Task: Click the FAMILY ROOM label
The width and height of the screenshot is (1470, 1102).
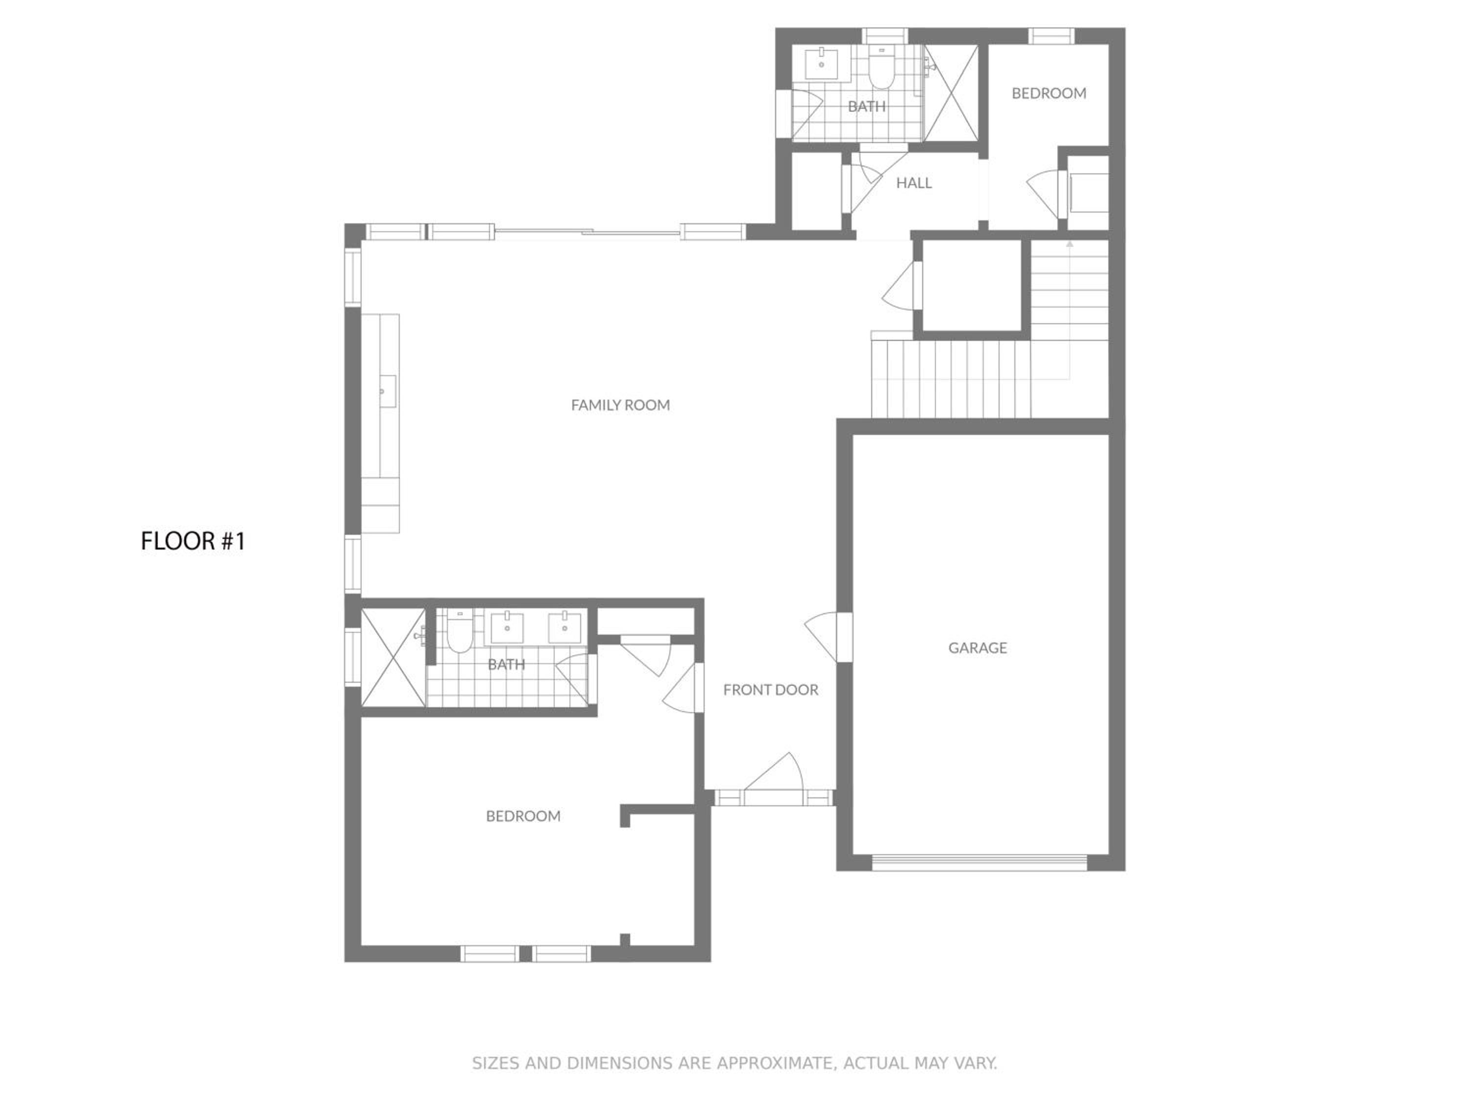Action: pos(620,405)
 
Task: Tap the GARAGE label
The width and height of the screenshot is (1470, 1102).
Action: pos(977,647)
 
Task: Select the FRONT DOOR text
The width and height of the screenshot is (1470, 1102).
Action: pos(770,690)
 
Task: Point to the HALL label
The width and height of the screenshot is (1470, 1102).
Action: pos(914,183)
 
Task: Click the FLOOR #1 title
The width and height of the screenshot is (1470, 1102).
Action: pos(193,541)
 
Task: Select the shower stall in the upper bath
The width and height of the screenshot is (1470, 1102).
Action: pos(951,93)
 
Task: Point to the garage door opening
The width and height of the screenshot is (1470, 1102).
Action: pos(979,862)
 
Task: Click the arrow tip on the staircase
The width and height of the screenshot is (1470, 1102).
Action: pos(1069,243)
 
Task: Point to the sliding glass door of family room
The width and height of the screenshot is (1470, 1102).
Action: pos(588,232)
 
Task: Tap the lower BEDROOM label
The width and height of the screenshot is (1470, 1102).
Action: pos(523,815)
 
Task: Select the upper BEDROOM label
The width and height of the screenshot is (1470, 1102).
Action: pos(1049,93)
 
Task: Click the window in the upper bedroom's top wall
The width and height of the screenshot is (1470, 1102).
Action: pos(1052,36)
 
